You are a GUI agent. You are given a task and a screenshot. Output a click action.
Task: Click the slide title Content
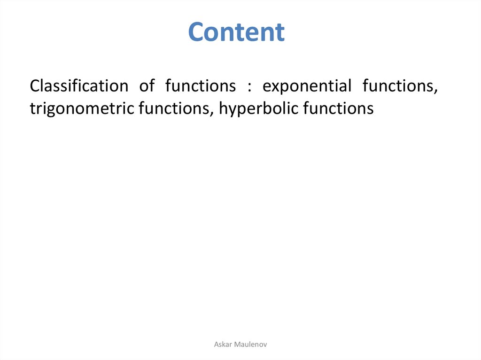(236, 32)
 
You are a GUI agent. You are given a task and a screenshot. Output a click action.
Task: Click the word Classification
(79, 85)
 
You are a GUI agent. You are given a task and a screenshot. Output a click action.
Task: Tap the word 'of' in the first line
(147, 85)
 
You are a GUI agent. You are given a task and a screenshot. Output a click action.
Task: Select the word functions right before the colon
(201, 85)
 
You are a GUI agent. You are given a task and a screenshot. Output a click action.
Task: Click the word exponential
(307, 86)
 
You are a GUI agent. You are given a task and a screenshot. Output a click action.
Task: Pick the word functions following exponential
(400, 86)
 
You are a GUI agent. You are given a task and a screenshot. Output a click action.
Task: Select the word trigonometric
(82, 109)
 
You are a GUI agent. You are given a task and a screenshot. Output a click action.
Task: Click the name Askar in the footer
(223, 345)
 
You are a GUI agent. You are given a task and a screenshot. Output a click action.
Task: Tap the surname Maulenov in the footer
(250, 345)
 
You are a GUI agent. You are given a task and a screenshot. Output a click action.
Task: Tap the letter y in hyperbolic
(232, 112)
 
